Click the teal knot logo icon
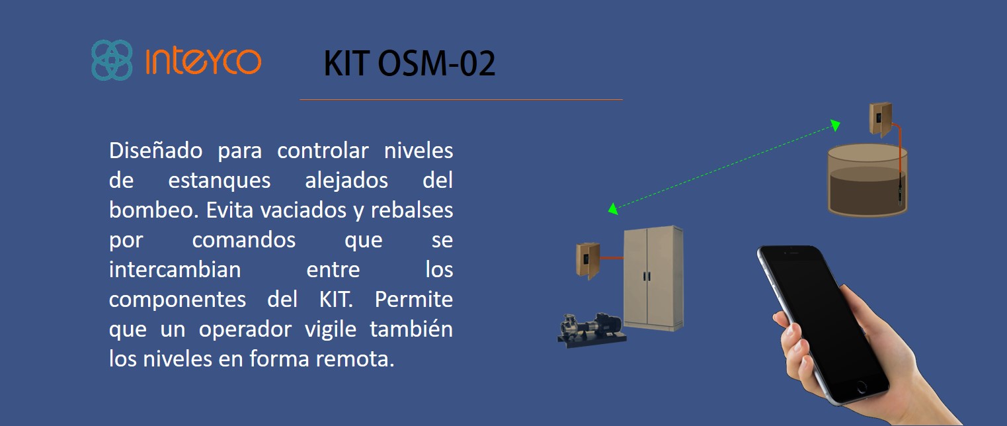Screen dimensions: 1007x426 click(112, 60)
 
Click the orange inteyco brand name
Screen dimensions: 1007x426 click(204, 61)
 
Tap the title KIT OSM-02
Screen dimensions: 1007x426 click(409, 64)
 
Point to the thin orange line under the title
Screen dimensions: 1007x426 click(462, 99)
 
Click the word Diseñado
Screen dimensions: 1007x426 click(155, 150)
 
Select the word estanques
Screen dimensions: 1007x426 click(220, 181)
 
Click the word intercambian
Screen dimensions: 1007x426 click(175, 269)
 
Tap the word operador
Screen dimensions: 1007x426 click(245, 329)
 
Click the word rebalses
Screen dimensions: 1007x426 click(412, 210)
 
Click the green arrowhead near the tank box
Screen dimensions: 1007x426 click(835, 125)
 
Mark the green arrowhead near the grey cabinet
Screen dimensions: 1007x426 click(613, 209)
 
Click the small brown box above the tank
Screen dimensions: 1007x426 click(880, 119)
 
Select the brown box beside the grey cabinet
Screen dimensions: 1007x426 click(588, 261)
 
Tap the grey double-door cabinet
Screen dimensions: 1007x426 click(653, 278)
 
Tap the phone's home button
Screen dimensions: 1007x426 click(861, 386)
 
